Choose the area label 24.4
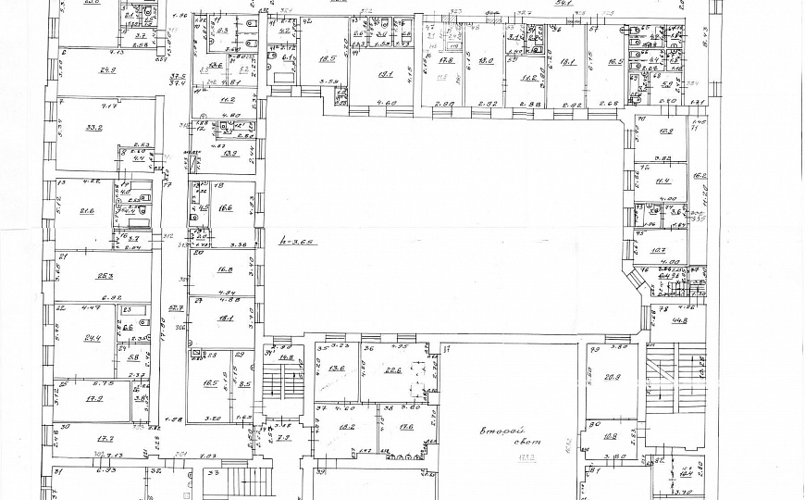pos(92,338)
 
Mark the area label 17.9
pos(93,399)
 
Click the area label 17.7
pos(104,439)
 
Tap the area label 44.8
pos(681,321)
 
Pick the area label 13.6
pos(336,369)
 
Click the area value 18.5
pos(327,59)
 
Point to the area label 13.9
pos(229,154)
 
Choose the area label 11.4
pos(663,181)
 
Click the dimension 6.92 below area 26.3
pos(88,298)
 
